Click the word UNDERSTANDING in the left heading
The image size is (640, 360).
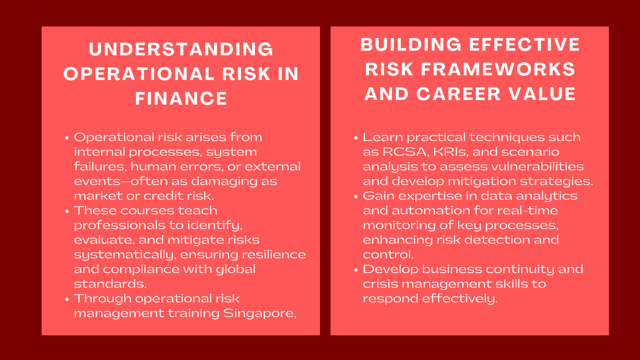click(181, 49)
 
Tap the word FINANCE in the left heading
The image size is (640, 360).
click(181, 98)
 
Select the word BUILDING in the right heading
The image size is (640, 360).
click(411, 44)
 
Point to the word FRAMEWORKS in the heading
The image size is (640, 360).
click(498, 70)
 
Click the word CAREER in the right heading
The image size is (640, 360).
click(458, 94)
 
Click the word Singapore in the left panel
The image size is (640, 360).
click(260, 314)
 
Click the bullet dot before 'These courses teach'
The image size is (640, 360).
click(67, 212)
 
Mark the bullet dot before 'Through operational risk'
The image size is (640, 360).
click(67, 300)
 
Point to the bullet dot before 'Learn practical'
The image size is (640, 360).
click(356, 138)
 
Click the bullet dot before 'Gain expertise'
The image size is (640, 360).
click(356, 197)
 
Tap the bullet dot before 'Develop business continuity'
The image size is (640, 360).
click(356, 270)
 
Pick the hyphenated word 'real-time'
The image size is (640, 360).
click(528, 210)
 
